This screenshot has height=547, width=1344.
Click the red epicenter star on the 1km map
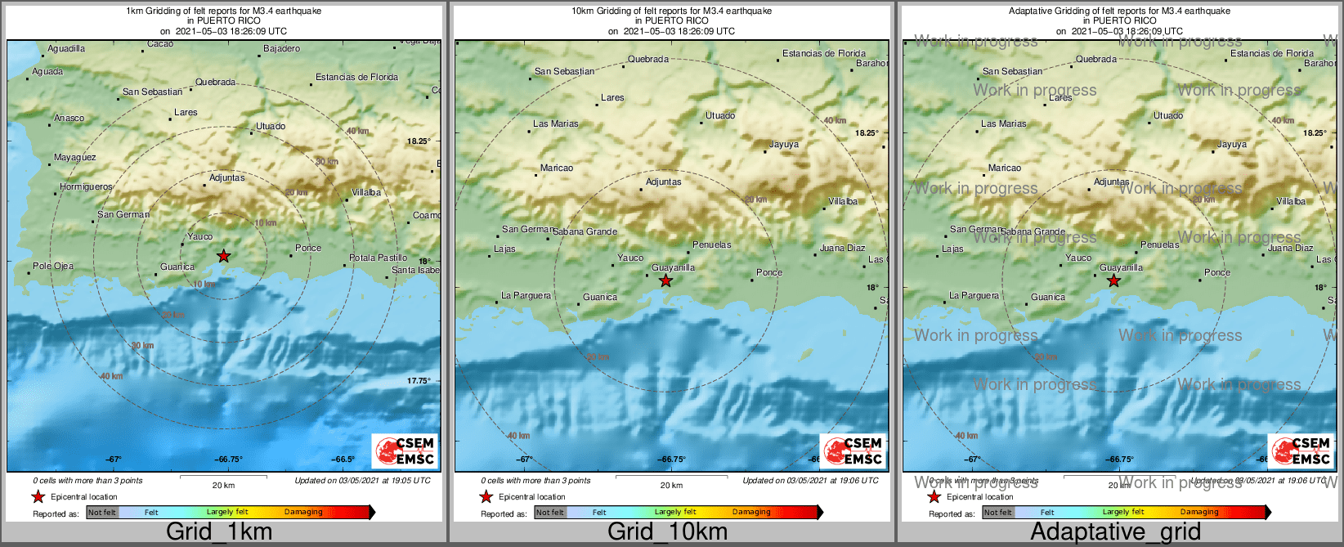[x=223, y=256]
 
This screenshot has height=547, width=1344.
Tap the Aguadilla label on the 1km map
[x=66, y=49]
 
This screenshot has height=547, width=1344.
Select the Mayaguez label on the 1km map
[x=74, y=158]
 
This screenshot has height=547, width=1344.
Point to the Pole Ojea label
[x=53, y=266]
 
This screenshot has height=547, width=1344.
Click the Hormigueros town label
[x=86, y=187]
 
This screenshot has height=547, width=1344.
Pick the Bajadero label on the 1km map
[x=281, y=49]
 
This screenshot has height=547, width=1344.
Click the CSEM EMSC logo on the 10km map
[x=853, y=451]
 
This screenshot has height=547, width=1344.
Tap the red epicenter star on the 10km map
[x=665, y=281]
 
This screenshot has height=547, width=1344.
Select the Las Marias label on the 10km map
[x=556, y=124]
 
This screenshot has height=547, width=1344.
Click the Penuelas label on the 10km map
[x=711, y=244]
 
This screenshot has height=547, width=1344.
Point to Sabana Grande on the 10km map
[x=585, y=232]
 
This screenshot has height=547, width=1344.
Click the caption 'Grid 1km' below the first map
[x=218, y=531]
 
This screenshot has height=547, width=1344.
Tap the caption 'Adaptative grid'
[x=1115, y=531]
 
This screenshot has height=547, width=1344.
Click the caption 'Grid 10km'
[x=667, y=531]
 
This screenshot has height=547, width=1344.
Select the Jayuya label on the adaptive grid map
[x=1232, y=145]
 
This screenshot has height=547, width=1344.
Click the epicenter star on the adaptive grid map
[x=1113, y=281]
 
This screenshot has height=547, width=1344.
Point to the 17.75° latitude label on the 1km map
[x=418, y=381]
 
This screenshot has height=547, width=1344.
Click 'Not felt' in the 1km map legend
[x=102, y=513]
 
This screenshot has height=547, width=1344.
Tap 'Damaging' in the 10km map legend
[x=751, y=513]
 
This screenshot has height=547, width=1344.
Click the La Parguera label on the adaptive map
[x=974, y=296]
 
